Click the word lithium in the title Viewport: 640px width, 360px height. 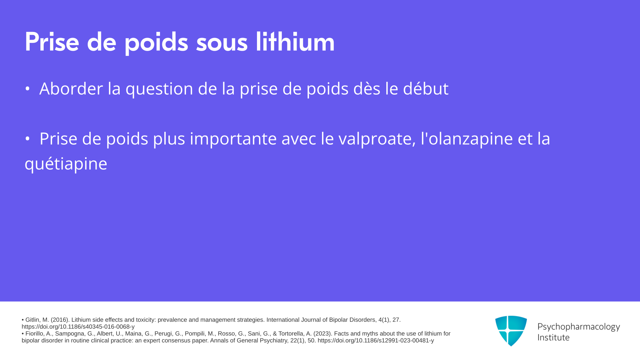pos(295,42)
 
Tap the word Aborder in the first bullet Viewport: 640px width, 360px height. pos(71,89)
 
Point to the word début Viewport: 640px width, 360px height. pos(426,88)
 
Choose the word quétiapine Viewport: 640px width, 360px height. pos(66,164)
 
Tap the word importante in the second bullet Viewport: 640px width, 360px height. pos(233,139)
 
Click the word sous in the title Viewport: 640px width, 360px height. pos(222,43)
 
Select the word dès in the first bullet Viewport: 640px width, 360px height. pos(367,88)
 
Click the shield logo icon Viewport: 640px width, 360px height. pos(511,331)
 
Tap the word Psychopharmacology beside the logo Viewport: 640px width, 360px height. pos(579,327)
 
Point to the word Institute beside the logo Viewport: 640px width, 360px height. pos(553,337)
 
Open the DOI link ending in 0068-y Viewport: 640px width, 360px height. pos(78,327)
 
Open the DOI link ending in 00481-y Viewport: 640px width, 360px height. pos(376,341)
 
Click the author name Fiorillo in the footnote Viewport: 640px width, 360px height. pos(35,334)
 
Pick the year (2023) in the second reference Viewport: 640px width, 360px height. pos(323,334)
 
